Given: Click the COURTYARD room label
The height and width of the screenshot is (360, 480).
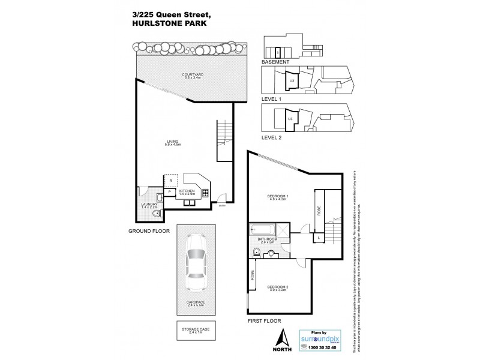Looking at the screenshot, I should pos(193,76).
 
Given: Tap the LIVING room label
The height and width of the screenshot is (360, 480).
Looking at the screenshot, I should pos(173,143).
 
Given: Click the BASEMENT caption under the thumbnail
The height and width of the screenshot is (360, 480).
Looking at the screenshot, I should pos(276,62).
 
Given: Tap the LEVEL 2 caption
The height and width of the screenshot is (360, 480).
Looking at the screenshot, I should pos(272,137).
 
